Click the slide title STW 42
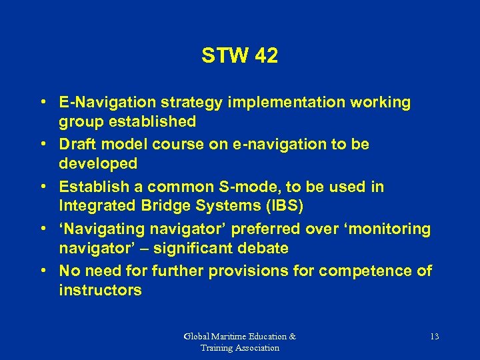pyautogui.click(x=239, y=57)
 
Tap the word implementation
pyautogui.click(x=290, y=102)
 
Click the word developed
pyautogui.click(x=98, y=163)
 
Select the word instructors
pyautogui.click(x=100, y=290)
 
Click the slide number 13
pyautogui.click(x=434, y=337)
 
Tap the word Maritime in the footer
pyautogui.click(x=231, y=337)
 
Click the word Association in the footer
pyautogui.click(x=256, y=347)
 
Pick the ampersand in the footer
pyautogui.click(x=293, y=337)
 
